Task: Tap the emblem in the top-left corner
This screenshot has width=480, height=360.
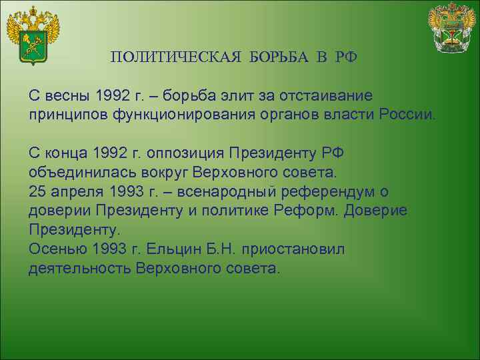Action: click(x=33, y=35)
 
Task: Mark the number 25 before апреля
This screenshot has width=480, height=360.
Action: click(x=37, y=191)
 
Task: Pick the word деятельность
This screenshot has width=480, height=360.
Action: click(x=79, y=269)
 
